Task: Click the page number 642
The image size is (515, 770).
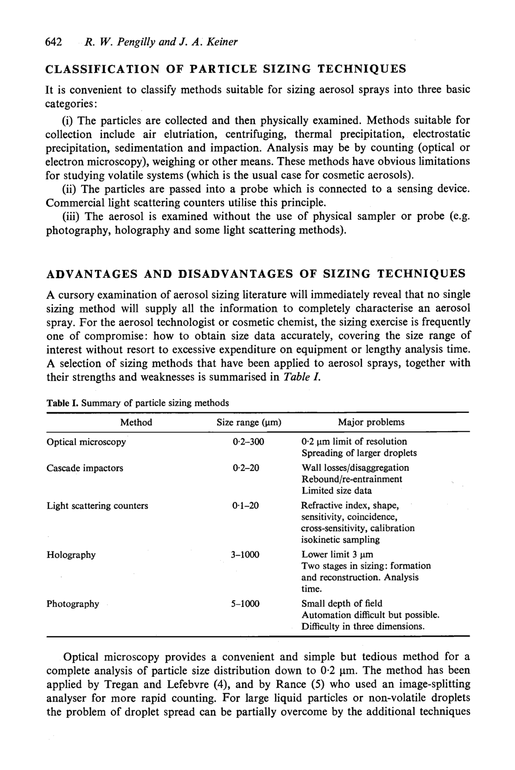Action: [54, 42]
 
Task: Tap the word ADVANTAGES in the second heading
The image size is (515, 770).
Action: [92, 274]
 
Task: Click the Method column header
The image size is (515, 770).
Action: [136, 422]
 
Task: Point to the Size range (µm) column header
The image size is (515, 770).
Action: [249, 422]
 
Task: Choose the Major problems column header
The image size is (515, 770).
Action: [371, 422]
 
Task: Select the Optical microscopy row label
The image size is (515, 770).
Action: [86, 442]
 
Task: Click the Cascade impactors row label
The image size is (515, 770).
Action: [85, 468]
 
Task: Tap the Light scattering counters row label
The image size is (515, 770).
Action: [97, 506]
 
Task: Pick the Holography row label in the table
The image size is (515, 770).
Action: [71, 555]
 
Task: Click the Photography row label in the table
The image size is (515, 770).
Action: [73, 604]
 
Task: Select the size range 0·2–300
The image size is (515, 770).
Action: [248, 442]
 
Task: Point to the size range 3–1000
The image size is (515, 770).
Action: [245, 555]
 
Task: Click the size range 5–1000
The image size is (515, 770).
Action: [245, 604]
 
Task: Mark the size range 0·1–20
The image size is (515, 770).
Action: [245, 506]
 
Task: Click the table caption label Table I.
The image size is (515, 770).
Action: [62, 403]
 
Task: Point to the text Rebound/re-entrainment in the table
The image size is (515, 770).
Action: [352, 479]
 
